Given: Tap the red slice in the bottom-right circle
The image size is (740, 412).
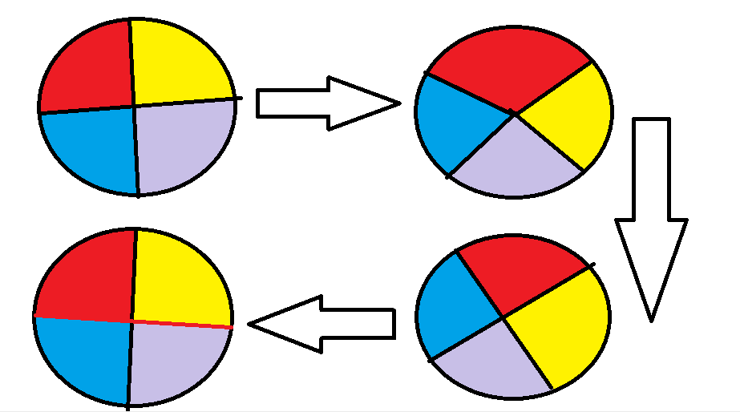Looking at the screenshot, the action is coord(521,273).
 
